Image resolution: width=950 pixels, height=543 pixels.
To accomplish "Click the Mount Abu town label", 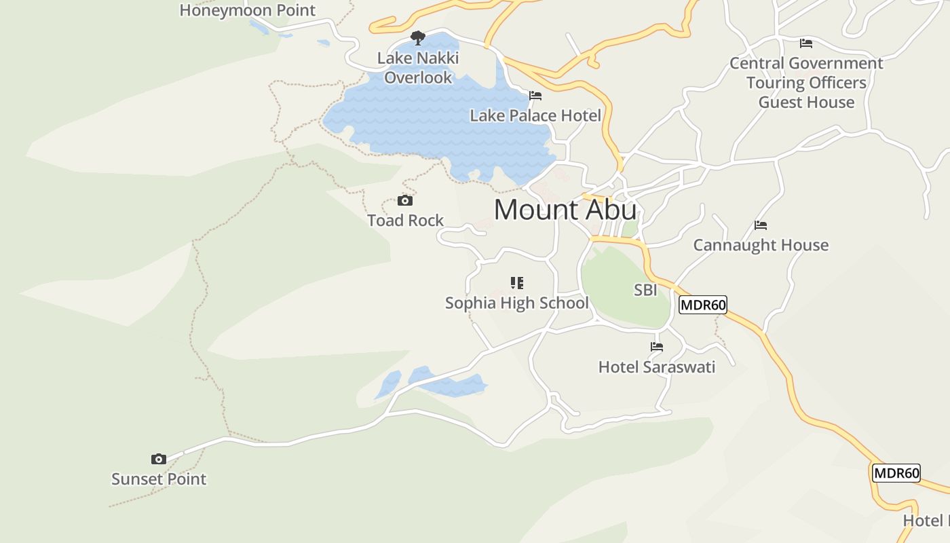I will [x=565, y=210].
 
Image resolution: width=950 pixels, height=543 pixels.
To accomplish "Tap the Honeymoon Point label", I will [x=248, y=10].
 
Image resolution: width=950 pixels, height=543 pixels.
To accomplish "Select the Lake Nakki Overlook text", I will [x=418, y=68].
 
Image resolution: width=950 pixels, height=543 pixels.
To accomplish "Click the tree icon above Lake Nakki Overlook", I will [x=418, y=37].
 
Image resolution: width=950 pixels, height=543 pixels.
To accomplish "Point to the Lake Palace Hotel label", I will [x=535, y=116].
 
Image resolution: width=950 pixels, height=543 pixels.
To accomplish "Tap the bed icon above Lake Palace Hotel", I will [x=535, y=96].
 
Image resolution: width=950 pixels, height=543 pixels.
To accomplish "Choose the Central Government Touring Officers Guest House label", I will [x=806, y=83].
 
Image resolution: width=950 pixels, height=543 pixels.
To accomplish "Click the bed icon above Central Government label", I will [x=806, y=43].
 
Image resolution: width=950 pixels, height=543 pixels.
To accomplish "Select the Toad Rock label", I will [x=405, y=221].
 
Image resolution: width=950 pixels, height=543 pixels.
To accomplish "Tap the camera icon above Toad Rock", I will [x=405, y=201].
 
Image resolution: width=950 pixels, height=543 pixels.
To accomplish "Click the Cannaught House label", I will [x=761, y=245].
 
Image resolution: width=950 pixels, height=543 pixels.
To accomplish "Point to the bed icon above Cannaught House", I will [x=761, y=225].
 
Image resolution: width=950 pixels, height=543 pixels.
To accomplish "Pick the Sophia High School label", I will [x=517, y=303].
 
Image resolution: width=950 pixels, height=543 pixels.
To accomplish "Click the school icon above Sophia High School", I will [x=517, y=283].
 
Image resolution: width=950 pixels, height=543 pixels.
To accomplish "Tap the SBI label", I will [x=645, y=291].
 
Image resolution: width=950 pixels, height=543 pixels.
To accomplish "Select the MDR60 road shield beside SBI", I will [x=703, y=305].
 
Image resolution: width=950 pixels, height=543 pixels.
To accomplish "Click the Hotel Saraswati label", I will [x=657, y=367].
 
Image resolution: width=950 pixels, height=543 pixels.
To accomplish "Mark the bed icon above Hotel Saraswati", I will [x=657, y=347].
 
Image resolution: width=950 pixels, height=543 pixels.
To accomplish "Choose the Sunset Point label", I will [x=159, y=479].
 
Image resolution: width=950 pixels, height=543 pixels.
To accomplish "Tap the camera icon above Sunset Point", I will [x=159, y=460].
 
